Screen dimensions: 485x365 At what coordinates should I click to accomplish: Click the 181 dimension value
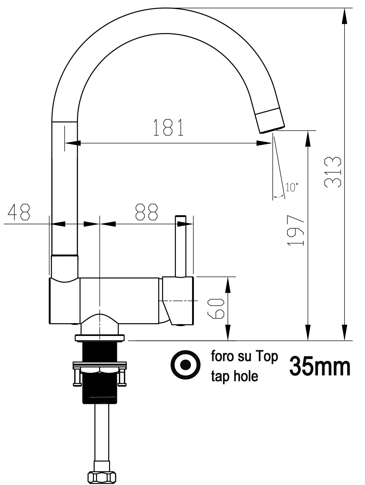169,128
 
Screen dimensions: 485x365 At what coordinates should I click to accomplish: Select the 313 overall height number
333,172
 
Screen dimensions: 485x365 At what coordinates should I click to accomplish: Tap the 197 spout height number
296,230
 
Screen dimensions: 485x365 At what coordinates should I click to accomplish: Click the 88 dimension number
146,212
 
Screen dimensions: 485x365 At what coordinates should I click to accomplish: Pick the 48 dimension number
19,212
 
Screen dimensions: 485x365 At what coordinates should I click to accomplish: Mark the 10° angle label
292,187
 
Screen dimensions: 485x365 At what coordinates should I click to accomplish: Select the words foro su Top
244,356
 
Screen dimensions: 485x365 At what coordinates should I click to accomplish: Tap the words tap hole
234,376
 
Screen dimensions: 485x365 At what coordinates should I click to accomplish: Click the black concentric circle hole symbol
185,364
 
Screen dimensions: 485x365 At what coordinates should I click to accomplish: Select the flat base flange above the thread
100,338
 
